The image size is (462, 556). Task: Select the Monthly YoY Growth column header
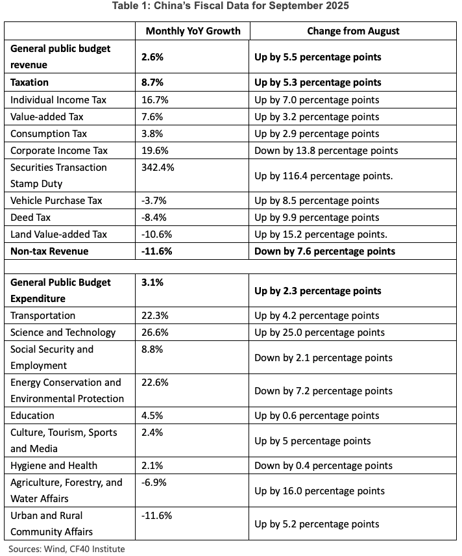click(x=193, y=31)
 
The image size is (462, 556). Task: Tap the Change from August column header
click(x=353, y=31)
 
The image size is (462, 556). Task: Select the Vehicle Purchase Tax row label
click(x=56, y=201)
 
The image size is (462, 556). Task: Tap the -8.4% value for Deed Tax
click(x=154, y=218)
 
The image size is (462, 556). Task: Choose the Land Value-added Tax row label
click(x=58, y=234)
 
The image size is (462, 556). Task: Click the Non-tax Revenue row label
click(x=49, y=251)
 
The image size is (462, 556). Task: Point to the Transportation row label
click(x=43, y=316)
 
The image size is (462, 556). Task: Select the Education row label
click(x=32, y=416)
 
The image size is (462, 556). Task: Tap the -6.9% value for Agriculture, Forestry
click(x=154, y=483)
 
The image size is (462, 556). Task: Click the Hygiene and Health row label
click(x=54, y=466)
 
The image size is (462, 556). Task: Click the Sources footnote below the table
click(x=67, y=549)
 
